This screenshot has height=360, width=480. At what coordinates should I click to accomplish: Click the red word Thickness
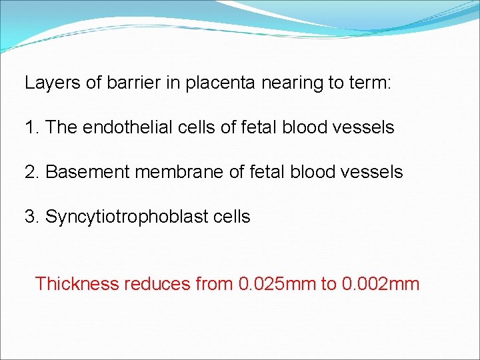click(x=76, y=284)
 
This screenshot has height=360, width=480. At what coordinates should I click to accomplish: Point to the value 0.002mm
click(x=380, y=284)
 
